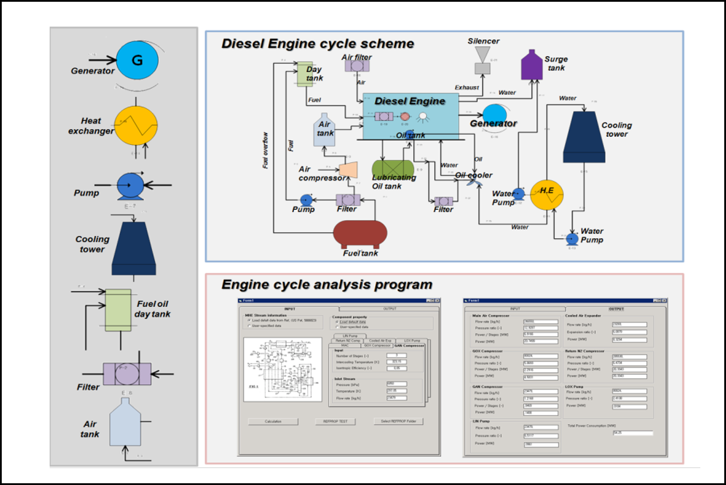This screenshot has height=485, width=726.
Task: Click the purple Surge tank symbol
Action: [532, 65]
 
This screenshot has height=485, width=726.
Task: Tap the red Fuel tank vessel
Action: [360, 234]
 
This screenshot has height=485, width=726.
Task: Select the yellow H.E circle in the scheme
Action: [547, 195]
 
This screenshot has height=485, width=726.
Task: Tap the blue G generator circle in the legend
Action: [137, 60]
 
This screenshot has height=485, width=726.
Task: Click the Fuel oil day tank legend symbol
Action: [118, 310]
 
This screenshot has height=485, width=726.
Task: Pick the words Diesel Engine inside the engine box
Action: [409, 101]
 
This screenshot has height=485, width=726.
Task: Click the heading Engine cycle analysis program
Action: [326, 285]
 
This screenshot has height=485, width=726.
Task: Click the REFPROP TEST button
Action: [335, 421]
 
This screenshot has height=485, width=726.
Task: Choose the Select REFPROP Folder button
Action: [399, 421]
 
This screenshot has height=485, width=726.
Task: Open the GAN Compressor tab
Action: [409, 345]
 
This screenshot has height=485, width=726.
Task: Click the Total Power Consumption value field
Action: [633, 433]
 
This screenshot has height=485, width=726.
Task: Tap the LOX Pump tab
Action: [412, 340]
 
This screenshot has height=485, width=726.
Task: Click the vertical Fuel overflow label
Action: [266, 150]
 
